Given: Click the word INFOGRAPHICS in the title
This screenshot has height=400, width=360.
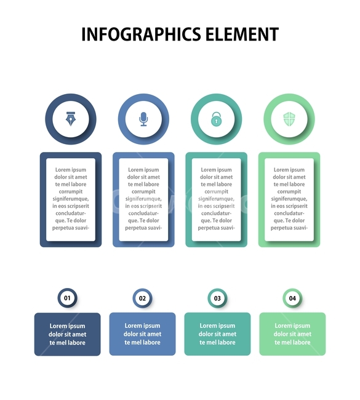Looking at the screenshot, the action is click(141, 34).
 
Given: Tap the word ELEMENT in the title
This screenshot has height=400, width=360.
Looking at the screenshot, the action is click(242, 34).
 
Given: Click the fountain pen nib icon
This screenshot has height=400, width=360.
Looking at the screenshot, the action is click(70, 119).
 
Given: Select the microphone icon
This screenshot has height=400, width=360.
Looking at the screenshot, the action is click(143, 119).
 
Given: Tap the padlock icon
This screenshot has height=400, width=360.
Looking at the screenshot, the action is click(217, 119).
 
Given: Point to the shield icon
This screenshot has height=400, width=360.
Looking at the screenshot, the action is click(289, 119).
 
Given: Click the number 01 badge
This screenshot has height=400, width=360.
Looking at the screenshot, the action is click(67, 298).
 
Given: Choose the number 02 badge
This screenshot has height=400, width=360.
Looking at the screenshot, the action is click(142, 298).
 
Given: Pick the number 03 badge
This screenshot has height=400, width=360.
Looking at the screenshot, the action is click(217, 298).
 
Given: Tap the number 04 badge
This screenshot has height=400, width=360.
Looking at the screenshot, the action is click(292, 298).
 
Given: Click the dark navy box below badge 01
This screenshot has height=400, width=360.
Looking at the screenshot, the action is click(67, 334).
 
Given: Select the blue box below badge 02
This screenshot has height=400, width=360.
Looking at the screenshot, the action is click(142, 334).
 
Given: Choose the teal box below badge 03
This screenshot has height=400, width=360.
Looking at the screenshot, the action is click(217, 334).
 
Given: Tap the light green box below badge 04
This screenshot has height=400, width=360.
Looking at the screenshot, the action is click(292, 334).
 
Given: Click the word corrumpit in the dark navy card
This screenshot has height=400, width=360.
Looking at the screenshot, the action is click(71, 191).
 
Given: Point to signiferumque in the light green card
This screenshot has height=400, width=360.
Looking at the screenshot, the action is click(289, 199).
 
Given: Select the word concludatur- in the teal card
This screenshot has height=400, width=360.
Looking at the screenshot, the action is click(217, 214).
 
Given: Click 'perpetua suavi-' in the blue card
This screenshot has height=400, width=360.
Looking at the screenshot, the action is click(143, 228).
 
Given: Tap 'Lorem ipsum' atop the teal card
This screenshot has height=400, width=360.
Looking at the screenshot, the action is click(217, 170).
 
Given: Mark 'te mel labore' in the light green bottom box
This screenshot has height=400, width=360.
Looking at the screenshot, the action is click(292, 342).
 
